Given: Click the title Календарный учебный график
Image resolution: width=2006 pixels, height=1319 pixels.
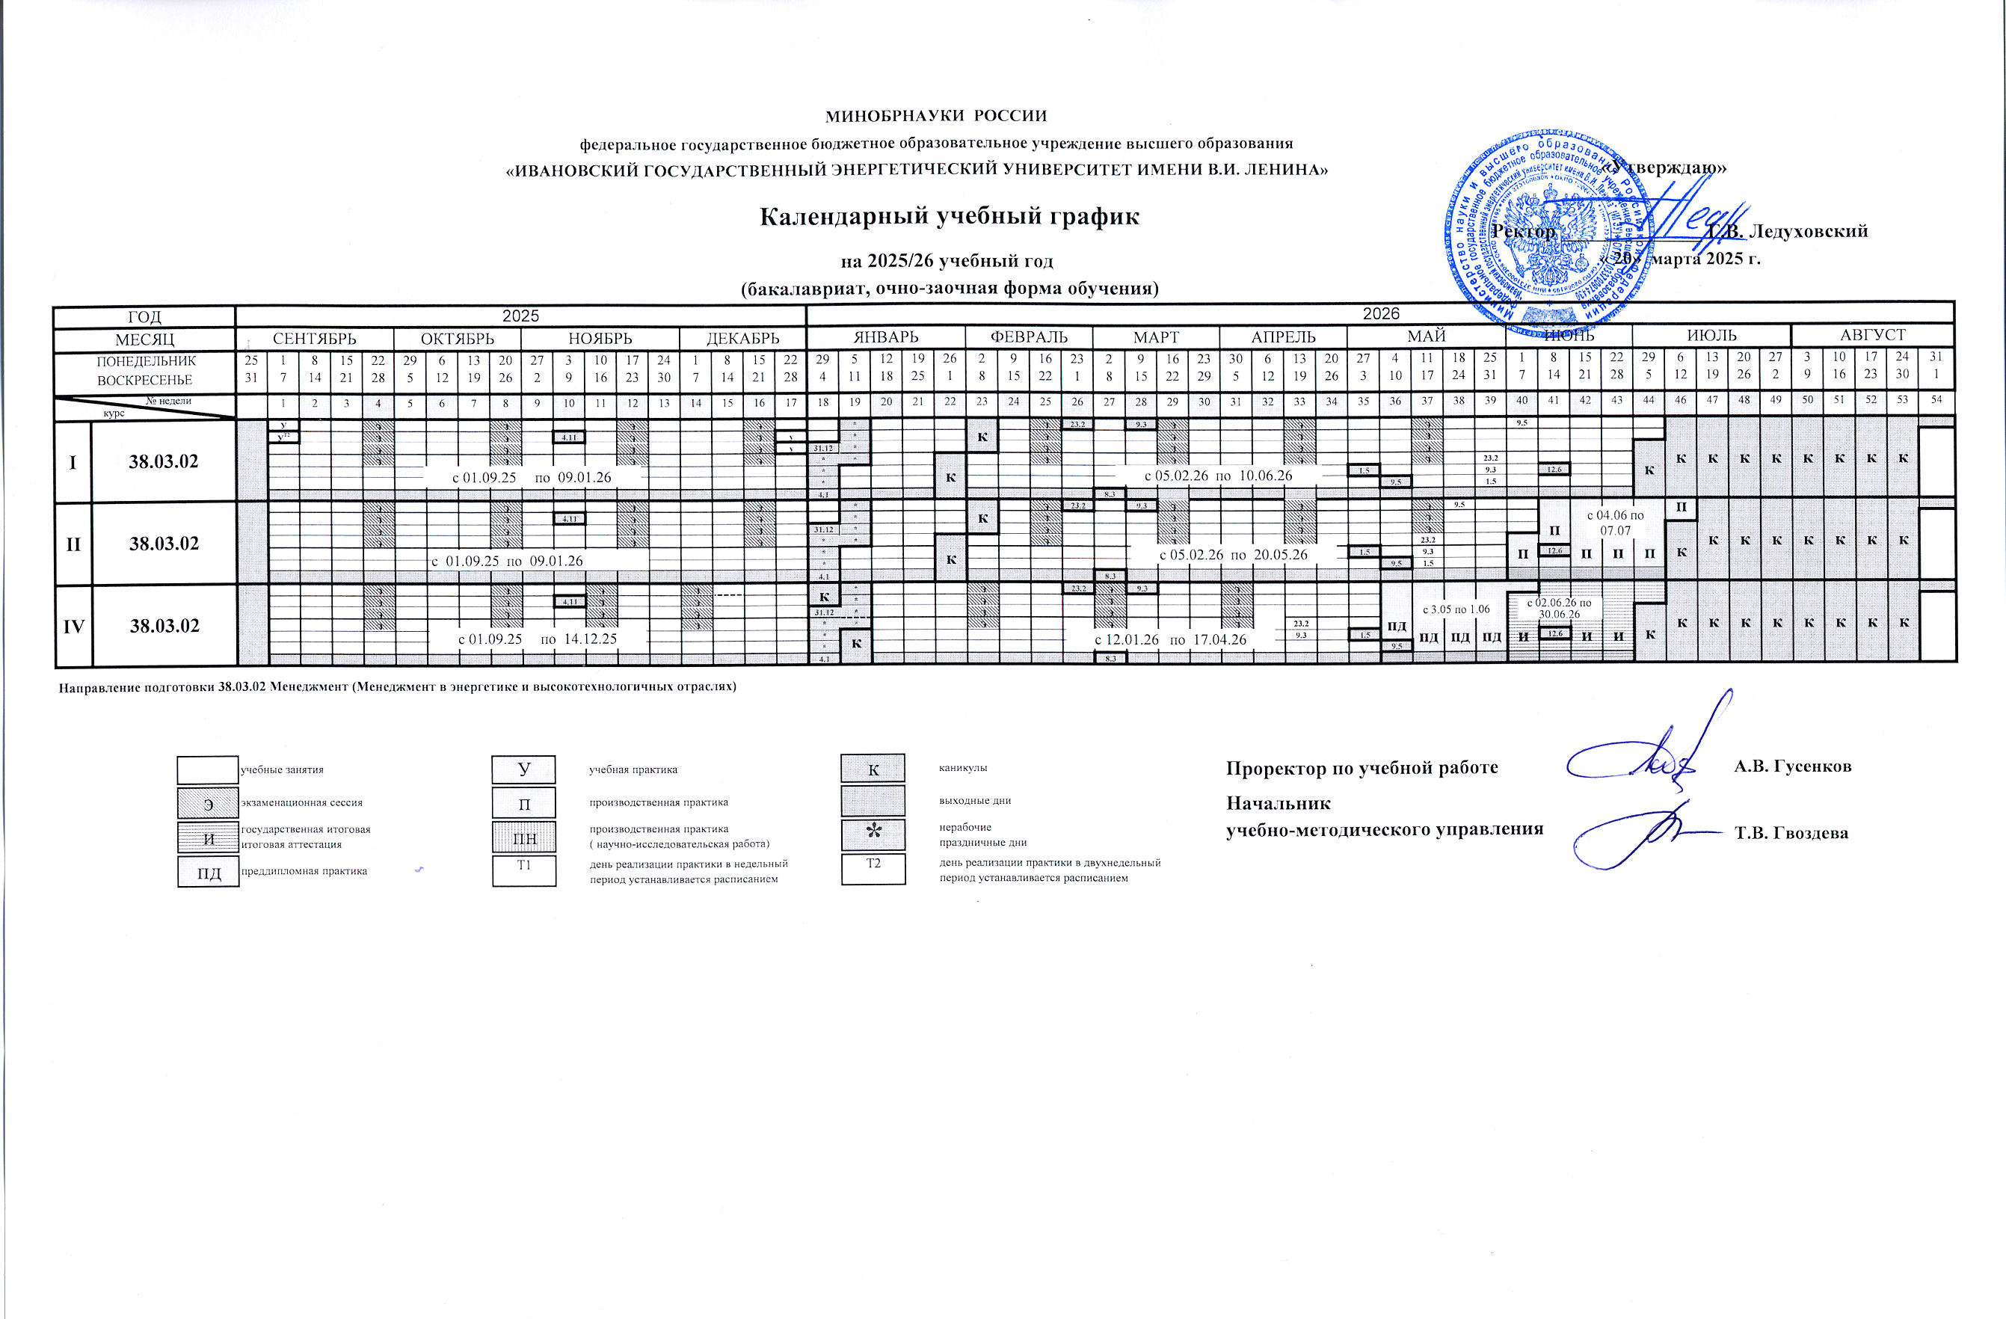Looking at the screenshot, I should click(949, 217).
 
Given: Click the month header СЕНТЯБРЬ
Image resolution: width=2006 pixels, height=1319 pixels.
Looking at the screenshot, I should click(314, 339).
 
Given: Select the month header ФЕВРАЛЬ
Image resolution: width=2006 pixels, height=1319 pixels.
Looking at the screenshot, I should click(1028, 337).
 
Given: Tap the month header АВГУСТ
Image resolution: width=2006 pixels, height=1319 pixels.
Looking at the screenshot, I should click(1872, 334).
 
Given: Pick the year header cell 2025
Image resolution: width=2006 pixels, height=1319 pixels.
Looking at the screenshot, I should click(520, 316).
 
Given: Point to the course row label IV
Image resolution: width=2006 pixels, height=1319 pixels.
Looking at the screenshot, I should click(73, 626).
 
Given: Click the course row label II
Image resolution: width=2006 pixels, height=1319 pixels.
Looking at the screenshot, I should click(73, 544).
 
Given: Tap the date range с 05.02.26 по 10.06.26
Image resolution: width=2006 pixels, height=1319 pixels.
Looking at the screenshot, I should click(1218, 476).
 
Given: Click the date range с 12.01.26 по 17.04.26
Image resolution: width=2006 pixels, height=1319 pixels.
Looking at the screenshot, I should click(1170, 640).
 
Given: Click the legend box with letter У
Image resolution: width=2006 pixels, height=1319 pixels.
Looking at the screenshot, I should click(523, 769).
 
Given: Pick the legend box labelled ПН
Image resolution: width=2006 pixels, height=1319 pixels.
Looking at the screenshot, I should click(524, 837).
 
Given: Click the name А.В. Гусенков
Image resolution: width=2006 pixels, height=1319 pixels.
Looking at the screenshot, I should click(1793, 766).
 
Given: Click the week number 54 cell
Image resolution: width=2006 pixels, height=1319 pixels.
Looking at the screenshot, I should click(1936, 399).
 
